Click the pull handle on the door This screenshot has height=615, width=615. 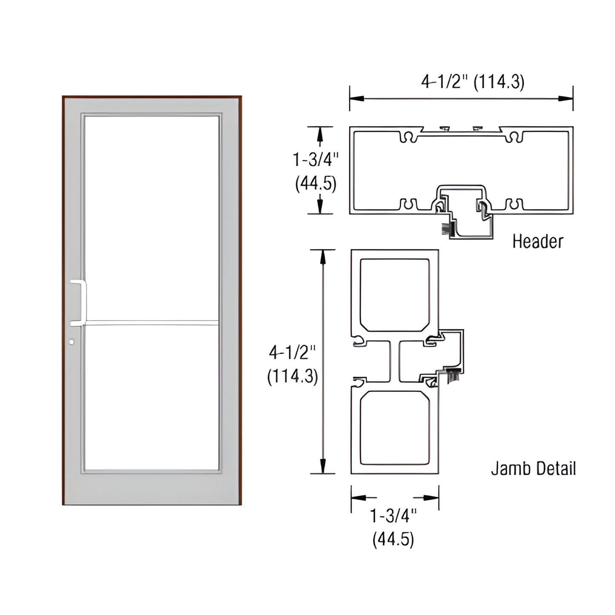(x=79, y=303)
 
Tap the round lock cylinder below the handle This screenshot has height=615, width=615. (x=72, y=342)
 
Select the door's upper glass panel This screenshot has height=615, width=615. (x=152, y=217)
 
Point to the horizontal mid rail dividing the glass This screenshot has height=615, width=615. (x=152, y=323)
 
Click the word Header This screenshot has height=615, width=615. (x=538, y=241)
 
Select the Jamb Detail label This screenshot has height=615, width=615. (x=533, y=469)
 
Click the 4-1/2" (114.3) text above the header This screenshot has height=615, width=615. (x=472, y=82)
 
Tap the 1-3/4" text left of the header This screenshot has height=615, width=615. (x=315, y=160)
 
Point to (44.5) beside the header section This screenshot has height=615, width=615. (x=315, y=183)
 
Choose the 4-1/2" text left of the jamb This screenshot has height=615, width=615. (x=292, y=353)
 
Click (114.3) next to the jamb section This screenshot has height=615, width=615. (x=292, y=377)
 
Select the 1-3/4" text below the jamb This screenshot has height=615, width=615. (x=393, y=516)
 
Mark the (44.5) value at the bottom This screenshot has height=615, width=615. (x=393, y=540)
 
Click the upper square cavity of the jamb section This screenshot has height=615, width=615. (x=395, y=295)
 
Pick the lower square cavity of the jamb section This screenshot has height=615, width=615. (x=395, y=428)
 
